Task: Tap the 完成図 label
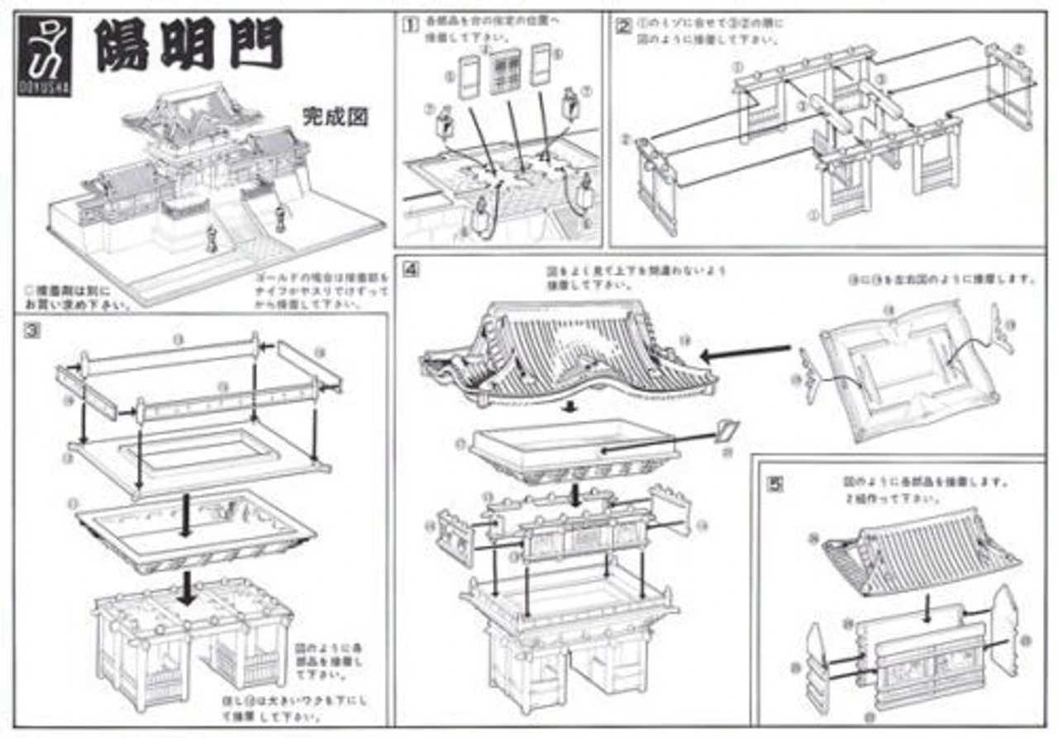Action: pyautogui.click(x=335, y=117)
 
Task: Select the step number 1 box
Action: pyautogui.click(x=408, y=24)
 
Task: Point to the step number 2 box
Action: pyautogui.click(x=623, y=24)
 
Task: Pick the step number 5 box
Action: pyautogui.click(x=774, y=484)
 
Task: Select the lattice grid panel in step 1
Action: pyautogui.click(x=504, y=72)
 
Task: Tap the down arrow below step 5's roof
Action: pyautogui.click(x=928, y=609)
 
